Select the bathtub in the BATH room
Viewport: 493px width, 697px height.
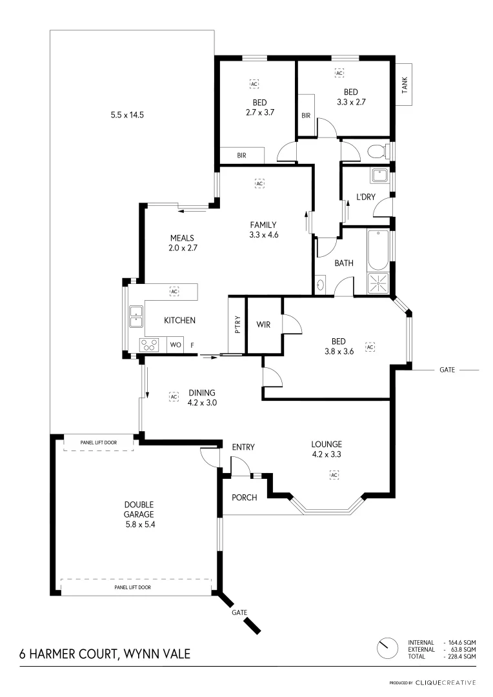377,250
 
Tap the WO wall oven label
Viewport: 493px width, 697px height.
175,345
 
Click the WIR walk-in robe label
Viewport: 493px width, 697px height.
263,324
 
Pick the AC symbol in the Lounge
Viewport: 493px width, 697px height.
334,475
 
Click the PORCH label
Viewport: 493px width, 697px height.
245,497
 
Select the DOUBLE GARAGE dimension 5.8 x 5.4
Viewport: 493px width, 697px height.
139,524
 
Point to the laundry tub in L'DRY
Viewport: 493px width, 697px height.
379,174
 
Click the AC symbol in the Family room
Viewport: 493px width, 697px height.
259,183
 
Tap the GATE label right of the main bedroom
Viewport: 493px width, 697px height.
447,370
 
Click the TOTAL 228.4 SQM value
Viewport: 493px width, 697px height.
461,656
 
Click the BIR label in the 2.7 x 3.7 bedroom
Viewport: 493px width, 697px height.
241,156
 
